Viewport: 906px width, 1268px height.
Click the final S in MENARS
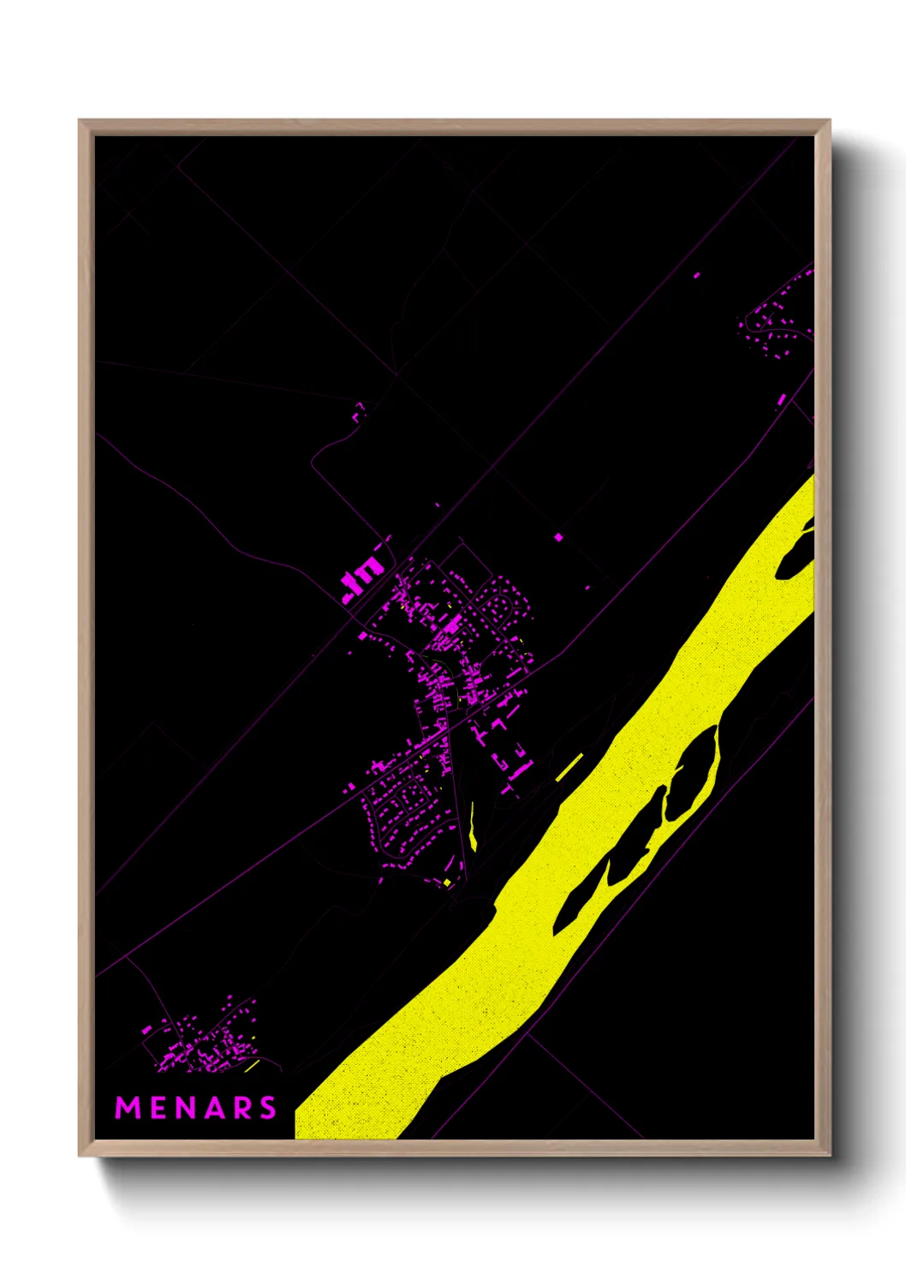268,1108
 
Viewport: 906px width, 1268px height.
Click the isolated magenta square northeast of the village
559,537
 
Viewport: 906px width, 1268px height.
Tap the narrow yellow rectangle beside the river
569,767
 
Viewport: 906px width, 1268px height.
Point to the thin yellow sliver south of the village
473,828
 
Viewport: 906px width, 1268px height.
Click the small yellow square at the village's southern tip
447,882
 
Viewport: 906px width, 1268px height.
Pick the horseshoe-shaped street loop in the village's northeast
498,605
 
